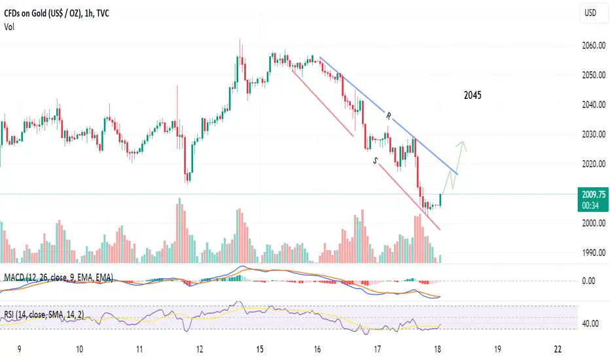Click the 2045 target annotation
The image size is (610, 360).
pos(471,96)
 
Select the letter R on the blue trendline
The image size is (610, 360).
pos(388,117)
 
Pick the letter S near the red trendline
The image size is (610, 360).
pos(375,160)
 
